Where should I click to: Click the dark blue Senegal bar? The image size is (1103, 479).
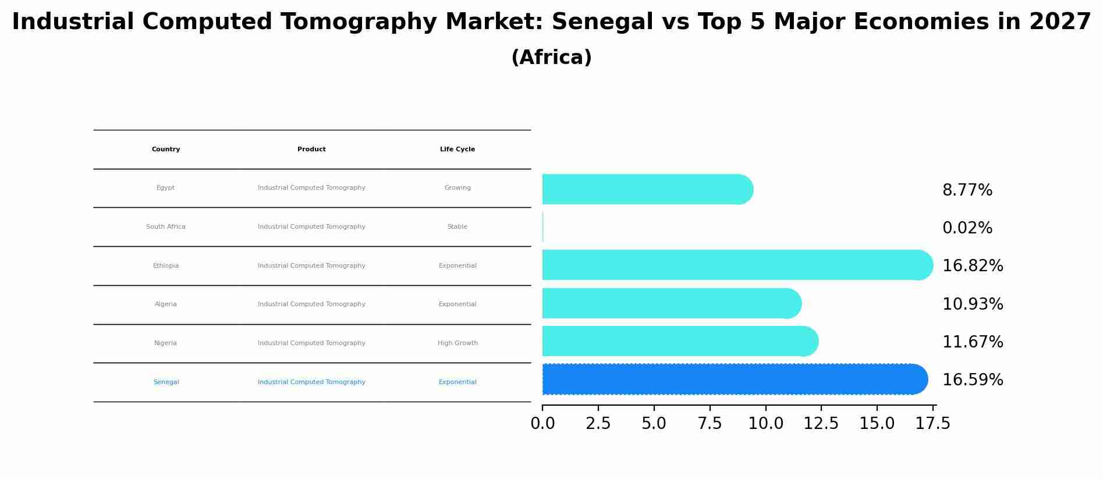click(x=733, y=379)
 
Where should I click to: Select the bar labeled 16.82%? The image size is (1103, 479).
click(x=736, y=265)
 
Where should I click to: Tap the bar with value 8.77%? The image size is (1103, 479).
click(x=646, y=189)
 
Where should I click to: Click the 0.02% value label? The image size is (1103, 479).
click(x=967, y=228)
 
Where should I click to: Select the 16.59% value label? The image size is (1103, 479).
click(x=972, y=380)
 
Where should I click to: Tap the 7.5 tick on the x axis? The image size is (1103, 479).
click(x=710, y=424)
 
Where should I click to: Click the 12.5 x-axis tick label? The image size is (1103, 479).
click(x=821, y=424)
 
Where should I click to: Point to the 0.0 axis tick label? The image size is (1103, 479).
click(x=542, y=424)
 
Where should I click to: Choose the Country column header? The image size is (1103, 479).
click(x=166, y=150)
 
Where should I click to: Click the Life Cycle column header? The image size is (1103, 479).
click(x=457, y=150)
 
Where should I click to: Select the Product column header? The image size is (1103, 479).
click(x=311, y=150)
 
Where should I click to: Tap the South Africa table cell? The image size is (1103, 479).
click(x=166, y=227)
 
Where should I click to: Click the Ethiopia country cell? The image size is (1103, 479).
click(x=166, y=266)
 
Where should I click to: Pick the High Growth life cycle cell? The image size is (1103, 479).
click(x=457, y=343)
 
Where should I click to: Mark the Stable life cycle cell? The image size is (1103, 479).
click(x=457, y=227)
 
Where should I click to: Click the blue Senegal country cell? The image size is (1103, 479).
click(x=166, y=382)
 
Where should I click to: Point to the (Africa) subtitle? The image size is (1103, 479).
click(x=551, y=58)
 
